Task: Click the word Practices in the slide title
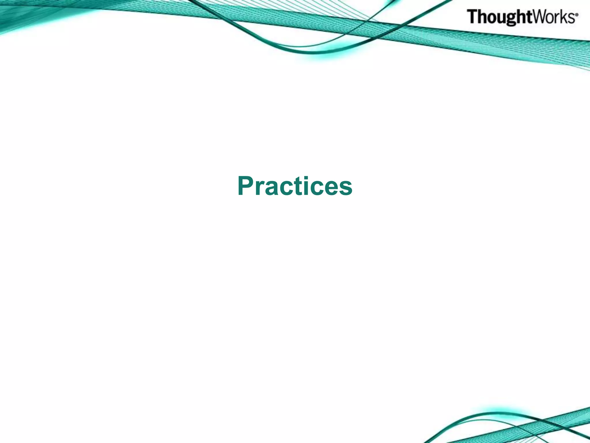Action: point(295,186)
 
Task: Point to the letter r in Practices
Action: point(262,189)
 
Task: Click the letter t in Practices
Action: point(300,187)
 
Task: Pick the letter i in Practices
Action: point(308,186)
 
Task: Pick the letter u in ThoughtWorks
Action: point(500,18)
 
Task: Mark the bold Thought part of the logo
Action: point(498,17)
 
